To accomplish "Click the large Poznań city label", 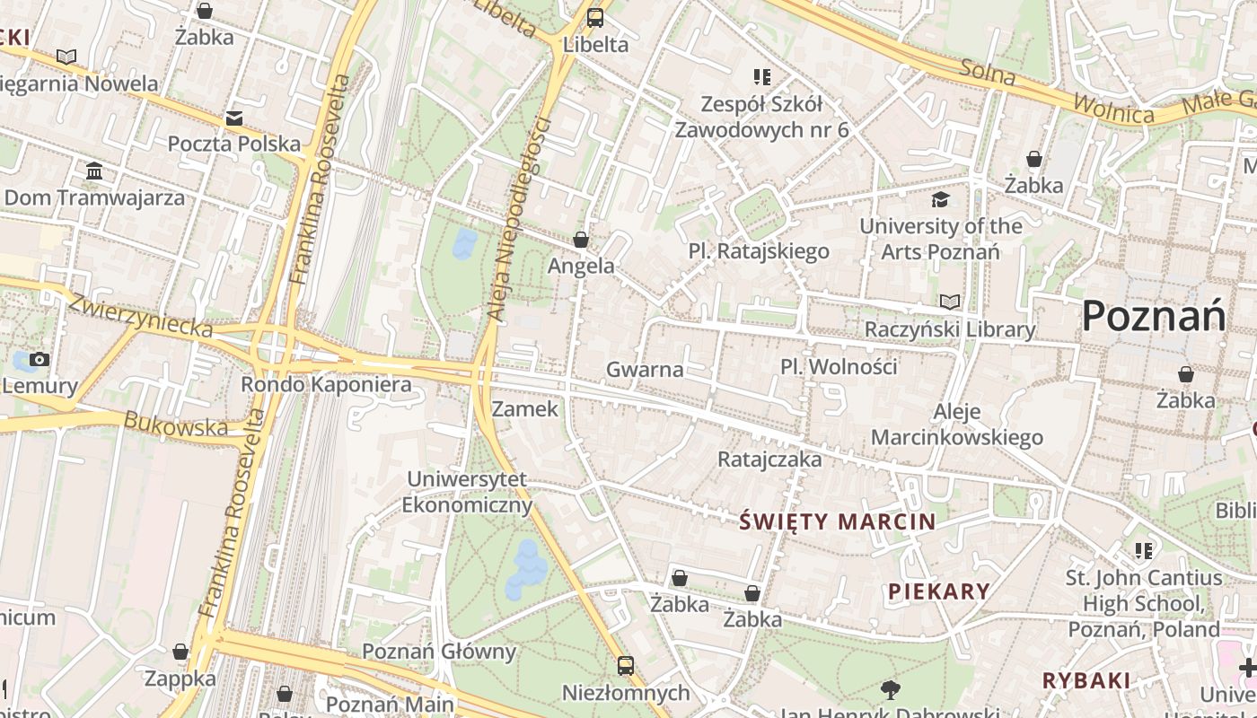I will pos(1154,317).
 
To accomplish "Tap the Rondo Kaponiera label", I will pos(326,385).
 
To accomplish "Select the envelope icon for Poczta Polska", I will pos(234,118).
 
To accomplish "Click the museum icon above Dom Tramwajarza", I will pos(94,171).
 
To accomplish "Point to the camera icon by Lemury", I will pos(39,360).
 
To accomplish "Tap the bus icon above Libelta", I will pos(595,18).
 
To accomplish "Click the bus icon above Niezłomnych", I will pos(626,666).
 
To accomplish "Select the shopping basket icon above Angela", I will pos(581,240).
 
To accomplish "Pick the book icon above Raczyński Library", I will pos(950,302).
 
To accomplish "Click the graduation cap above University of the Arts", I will pos(940,199).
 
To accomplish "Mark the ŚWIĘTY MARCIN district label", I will pos(837,521).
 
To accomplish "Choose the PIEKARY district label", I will pos(939,591).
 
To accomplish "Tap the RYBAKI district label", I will pos(1086,680).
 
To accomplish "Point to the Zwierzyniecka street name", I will pos(141,316).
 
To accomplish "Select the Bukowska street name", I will pos(176,424).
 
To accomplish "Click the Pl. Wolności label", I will pos(839,366).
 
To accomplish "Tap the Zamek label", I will pos(525,409).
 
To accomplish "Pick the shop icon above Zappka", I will pos(180,652).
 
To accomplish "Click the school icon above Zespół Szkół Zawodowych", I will pos(762,77).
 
